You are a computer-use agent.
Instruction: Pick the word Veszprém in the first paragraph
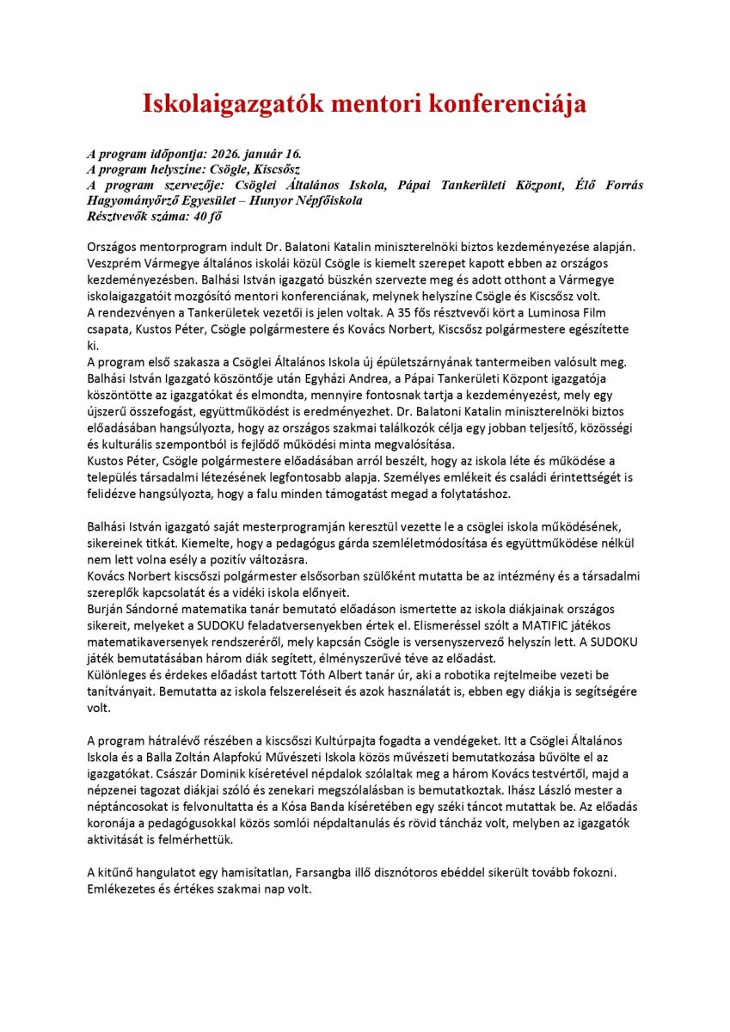[114, 263]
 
